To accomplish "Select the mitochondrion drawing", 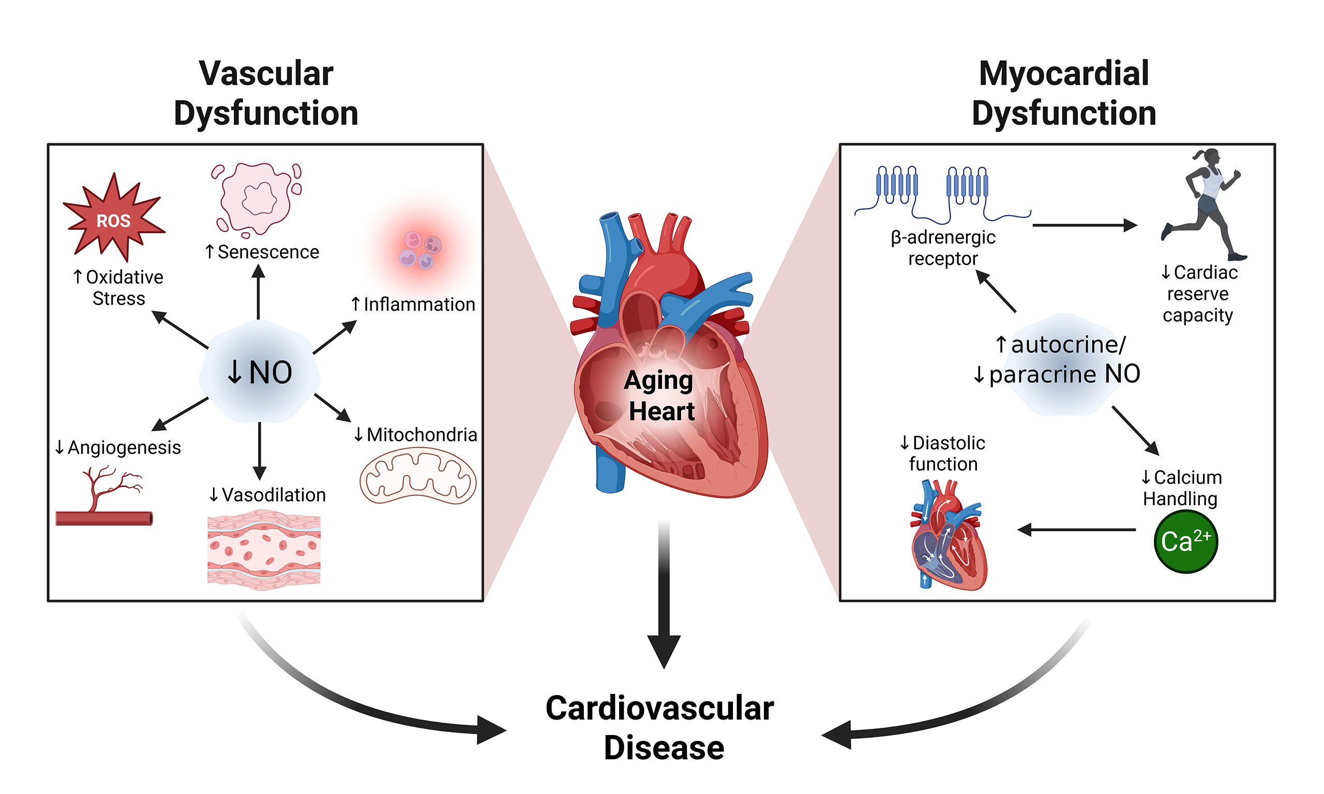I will coord(417,476).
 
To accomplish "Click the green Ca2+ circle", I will coord(1185,541).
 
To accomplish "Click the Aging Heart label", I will coord(660,396).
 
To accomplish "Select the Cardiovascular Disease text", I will coord(660,728).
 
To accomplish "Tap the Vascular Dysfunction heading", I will coord(266,93).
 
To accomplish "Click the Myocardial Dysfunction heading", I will coord(1063,93).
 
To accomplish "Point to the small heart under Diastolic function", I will coord(947,535).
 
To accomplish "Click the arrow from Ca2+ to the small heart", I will coord(1076,530).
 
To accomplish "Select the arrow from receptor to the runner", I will coord(1084,225).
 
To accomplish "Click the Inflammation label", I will coord(413,304).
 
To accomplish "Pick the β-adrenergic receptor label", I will coord(943,248).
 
